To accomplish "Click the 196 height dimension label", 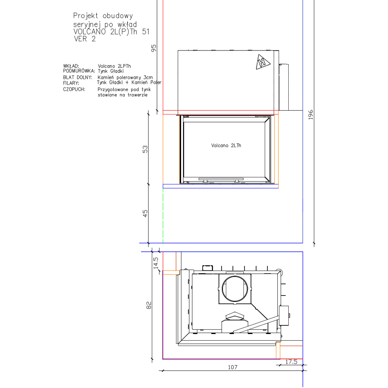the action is point(310,115).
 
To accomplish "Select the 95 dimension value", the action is point(154,48).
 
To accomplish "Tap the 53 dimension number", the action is point(145,149).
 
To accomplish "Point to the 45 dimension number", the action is point(145,213).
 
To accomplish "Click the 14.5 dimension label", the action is point(156,263).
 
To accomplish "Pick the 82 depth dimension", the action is point(149,305).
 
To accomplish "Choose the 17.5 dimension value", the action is point(291,362).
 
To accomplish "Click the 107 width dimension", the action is point(233,367).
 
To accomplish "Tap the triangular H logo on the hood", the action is point(263,62).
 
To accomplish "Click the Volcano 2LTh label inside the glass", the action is point(226,145).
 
